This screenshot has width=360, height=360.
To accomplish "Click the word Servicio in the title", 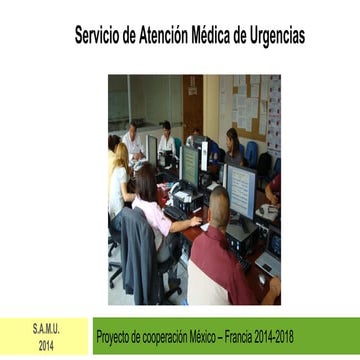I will coord(98,36).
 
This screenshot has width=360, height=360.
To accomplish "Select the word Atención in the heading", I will coord(171,36).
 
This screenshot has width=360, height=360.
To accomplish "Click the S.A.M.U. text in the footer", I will coord(46,329).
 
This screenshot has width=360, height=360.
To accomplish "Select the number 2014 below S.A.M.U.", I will coord(46,345).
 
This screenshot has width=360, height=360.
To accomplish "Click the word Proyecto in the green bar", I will coord(118,337).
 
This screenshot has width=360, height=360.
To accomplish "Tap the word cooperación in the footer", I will coord(177,337).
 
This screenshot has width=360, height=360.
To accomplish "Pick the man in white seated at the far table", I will coord(134,143).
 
